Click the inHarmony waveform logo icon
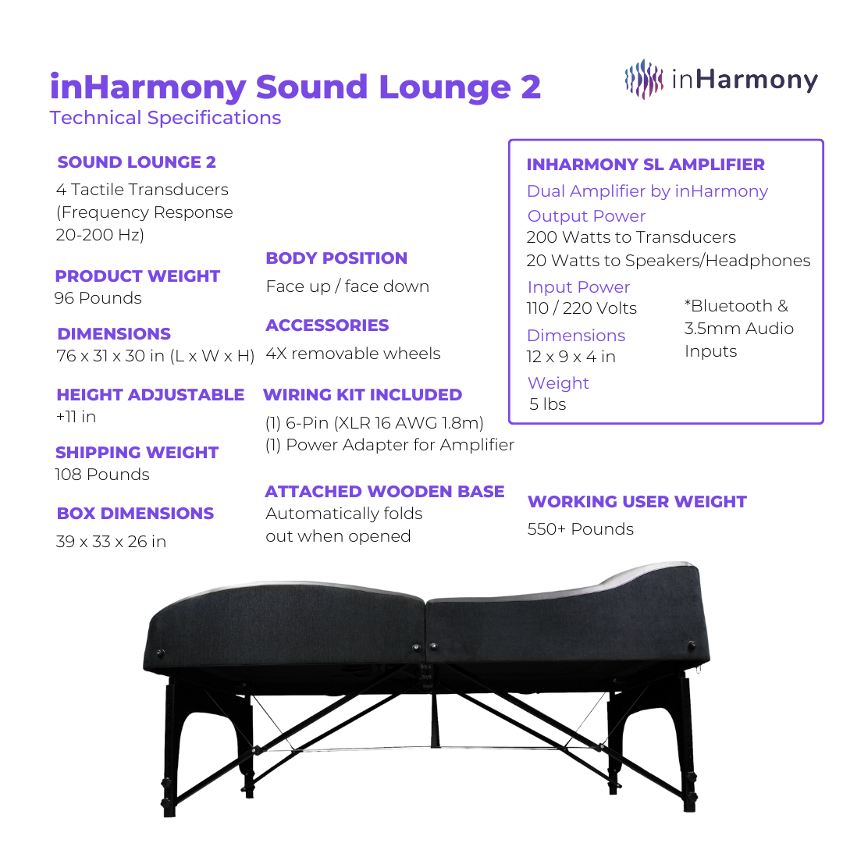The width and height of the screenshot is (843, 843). [x=643, y=79]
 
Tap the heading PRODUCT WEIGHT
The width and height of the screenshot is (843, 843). [x=137, y=276]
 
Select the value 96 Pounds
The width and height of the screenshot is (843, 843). [x=98, y=298]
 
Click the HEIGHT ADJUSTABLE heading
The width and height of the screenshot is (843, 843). [x=151, y=395]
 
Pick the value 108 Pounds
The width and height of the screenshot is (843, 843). [x=102, y=475]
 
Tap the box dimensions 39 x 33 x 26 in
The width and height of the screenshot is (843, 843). [x=112, y=542]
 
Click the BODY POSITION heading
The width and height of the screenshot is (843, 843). [x=336, y=258]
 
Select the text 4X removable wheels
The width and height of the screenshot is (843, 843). [x=354, y=354]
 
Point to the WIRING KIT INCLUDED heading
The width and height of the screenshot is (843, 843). [x=363, y=395]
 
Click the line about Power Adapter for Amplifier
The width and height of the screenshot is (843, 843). [x=389, y=445]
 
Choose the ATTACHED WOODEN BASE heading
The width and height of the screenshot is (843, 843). [x=385, y=492]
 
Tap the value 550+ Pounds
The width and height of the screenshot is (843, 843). [x=581, y=529]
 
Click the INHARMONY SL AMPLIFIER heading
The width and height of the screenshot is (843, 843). [x=646, y=165]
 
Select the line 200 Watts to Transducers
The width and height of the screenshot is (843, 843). [x=631, y=237]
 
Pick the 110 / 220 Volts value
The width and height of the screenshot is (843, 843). [x=582, y=308]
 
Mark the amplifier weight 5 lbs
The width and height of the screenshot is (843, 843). [x=548, y=404]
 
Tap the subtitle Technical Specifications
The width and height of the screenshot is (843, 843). [x=165, y=118]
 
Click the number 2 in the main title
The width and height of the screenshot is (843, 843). [x=531, y=87]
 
